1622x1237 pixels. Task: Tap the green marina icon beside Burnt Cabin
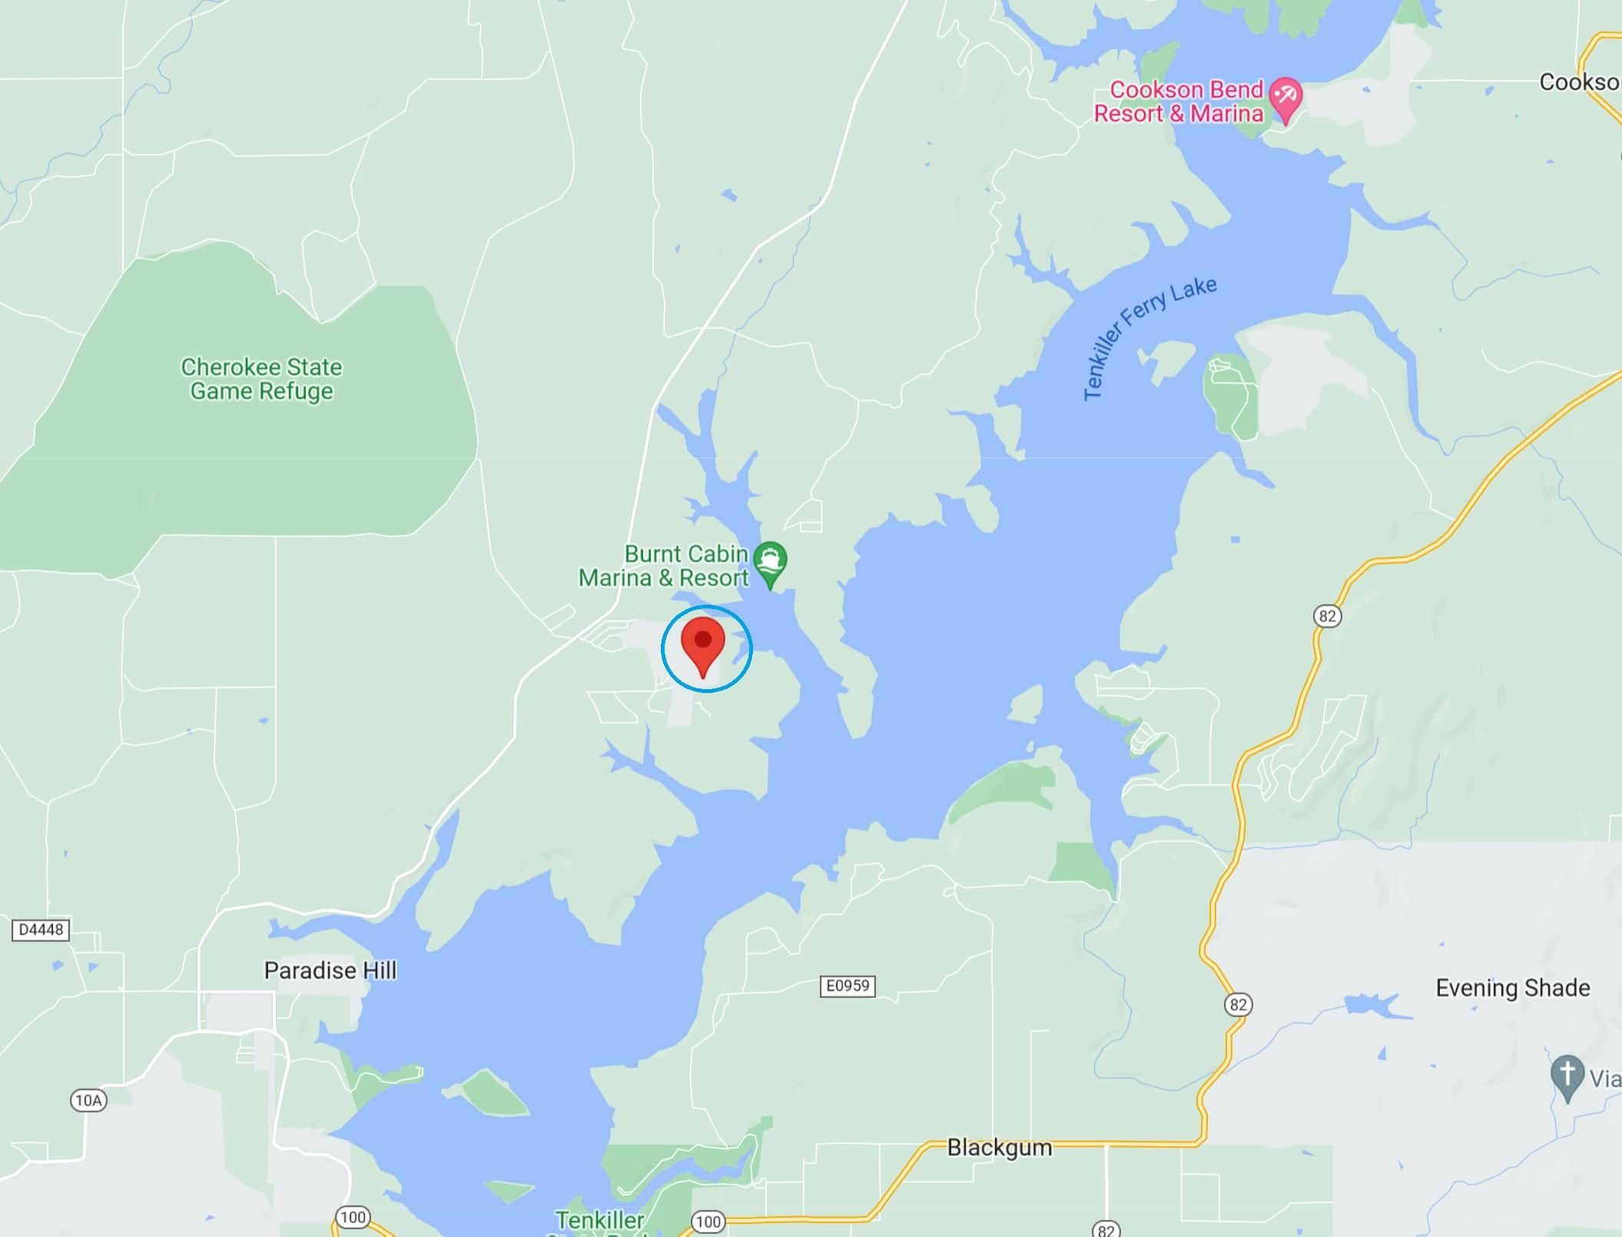(x=770, y=562)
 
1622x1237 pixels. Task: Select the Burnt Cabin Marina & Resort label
(x=664, y=566)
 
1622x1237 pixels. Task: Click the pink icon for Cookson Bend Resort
(x=1285, y=98)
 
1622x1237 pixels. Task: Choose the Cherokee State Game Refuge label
(x=261, y=380)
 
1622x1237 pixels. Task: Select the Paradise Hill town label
(x=330, y=971)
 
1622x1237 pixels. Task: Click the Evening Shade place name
(x=1512, y=988)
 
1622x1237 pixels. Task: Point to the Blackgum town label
(x=999, y=1148)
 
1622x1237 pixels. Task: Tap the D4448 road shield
(x=41, y=930)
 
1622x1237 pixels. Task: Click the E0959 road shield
(x=847, y=986)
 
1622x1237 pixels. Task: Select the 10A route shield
(x=88, y=1101)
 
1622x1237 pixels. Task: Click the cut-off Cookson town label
(x=1579, y=83)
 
